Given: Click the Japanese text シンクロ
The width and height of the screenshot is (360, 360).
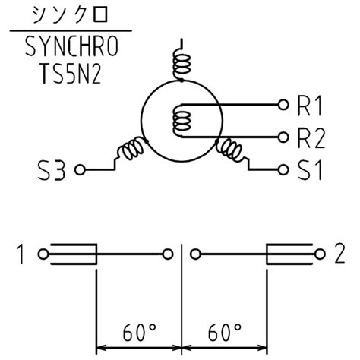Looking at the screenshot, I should click(67, 16).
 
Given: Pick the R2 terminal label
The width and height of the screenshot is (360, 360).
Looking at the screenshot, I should click(310, 137).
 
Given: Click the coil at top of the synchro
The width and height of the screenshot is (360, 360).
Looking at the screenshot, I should click(181, 65).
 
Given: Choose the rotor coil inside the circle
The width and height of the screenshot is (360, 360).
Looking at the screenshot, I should click(182, 120).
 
